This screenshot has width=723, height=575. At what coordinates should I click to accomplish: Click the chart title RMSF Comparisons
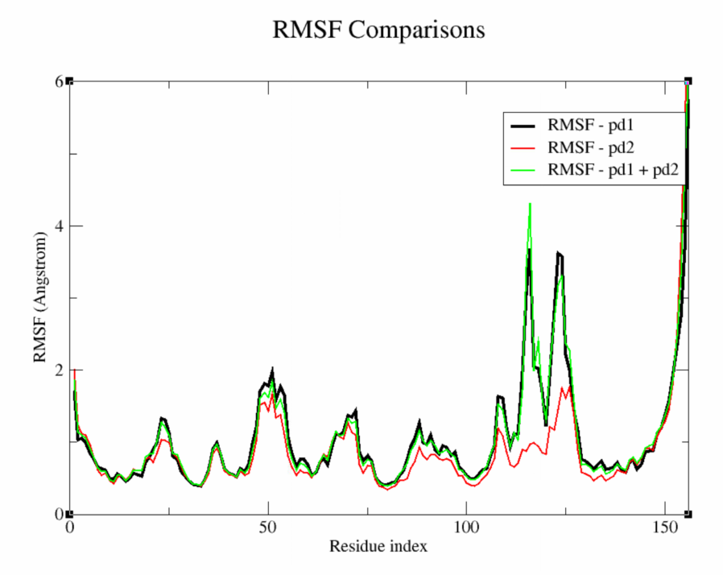click(x=378, y=30)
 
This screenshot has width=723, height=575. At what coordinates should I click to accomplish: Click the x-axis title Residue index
click(x=378, y=546)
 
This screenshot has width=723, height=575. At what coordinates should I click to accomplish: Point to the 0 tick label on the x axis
click(x=69, y=530)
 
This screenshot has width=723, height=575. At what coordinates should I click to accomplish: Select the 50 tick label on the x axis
click(x=268, y=530)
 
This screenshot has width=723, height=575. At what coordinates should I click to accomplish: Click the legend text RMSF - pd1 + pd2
click(x=610, y=170)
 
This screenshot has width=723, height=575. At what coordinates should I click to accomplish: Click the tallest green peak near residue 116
click(x=530, y=204)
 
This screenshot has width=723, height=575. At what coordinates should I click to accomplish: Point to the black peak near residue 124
click(x=558, y=253)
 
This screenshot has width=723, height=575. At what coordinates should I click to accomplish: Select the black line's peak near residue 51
click(x=272, y=370)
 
